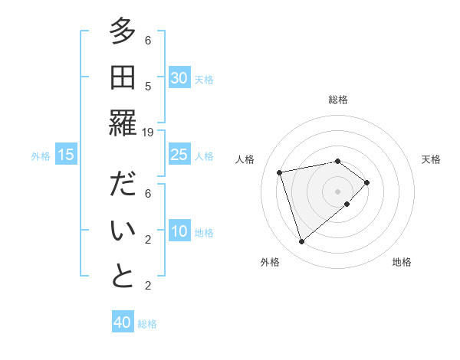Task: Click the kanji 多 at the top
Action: tap(123, 31)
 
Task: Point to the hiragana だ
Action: tap(123, 185)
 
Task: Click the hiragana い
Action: tap(123, 230)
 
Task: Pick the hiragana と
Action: tap(123, 276)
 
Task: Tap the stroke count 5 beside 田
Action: tap(148, 86)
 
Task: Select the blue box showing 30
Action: tap(179, 78)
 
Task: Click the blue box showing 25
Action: tap(179, 155)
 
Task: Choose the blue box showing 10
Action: tap(179, 232)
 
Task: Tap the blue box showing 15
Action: tap(66, 155)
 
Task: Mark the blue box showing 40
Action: tap(123, 322)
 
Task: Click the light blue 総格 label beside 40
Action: tap(147, 324)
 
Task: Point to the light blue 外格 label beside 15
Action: tap(41, 156)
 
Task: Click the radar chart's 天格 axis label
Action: tap(431, 159)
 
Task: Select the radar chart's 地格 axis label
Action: tap(402, 262)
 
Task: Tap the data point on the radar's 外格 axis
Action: tap(301, 242)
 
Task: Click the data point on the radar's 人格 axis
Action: tap(280, 172)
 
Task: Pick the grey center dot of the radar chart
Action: tap(337, 190)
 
